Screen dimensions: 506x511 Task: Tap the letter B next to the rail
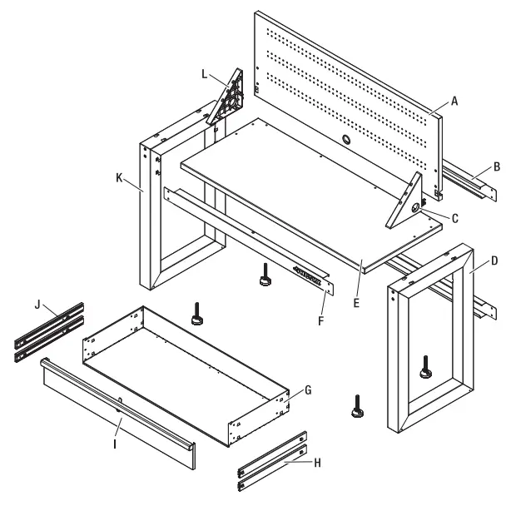(496, 167)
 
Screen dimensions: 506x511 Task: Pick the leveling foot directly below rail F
(264, 276)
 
